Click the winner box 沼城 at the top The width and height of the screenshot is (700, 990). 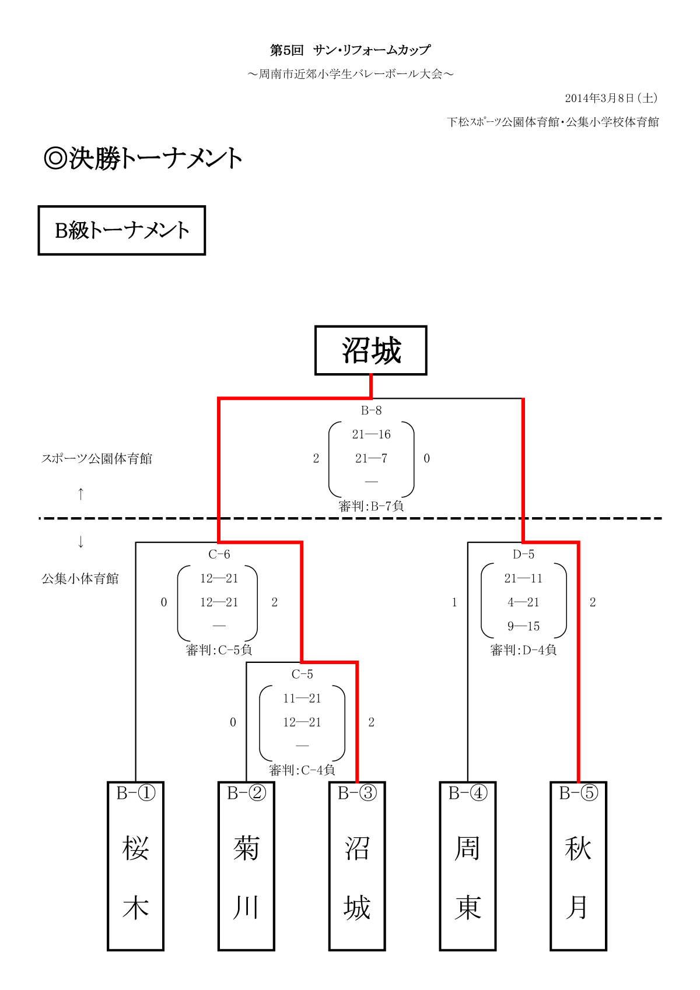tap(371, 350)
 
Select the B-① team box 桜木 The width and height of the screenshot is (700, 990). tap(135, 866)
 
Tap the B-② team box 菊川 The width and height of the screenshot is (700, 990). tap(246, 866)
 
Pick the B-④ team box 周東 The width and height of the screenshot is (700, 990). tap(467, 866)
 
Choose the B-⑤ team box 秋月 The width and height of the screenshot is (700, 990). tap(578, 866)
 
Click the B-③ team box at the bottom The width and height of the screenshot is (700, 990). tap(357, 866)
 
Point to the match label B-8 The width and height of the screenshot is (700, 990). tap(371, 410)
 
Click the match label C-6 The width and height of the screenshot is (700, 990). tap(219, 554)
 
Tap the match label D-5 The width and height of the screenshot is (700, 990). tap(523, 554)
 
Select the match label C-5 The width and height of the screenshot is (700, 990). tap(302, 675)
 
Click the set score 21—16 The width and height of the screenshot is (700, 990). tap(371, 434)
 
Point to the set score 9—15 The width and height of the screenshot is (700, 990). tap(523, 626)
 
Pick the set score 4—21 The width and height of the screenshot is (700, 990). tap(523, 602)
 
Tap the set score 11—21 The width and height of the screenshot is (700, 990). tap(302, 698)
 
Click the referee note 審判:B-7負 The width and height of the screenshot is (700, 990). tap(371, 506)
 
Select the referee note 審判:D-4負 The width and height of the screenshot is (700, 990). tap(523, 650)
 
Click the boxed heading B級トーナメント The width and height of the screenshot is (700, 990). tap(122, 230)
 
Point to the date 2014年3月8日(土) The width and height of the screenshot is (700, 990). tap(611, 98)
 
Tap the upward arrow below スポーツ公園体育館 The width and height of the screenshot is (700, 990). tap(80, 494)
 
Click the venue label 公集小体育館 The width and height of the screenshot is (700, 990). tap(80, 579)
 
